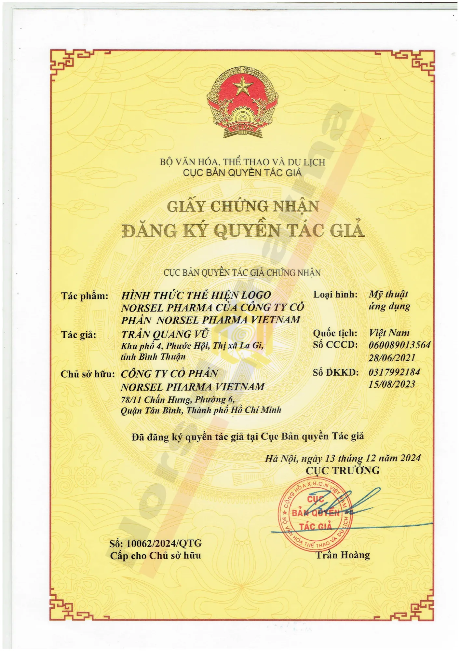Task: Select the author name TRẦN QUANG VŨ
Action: (165, 334)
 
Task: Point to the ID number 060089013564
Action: (399, 345)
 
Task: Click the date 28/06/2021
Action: (392, 358)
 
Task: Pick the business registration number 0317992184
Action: (394, 372)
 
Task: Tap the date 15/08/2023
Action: (392, 384)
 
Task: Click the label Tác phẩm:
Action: (85, 296)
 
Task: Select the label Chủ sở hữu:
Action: (88, 374)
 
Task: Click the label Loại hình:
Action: (335, 295)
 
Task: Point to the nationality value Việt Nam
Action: (389, 333)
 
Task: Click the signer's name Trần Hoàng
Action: (343, 555)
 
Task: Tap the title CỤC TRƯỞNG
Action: (343, 470)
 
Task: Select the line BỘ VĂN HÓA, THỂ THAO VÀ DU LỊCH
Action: (242, 162)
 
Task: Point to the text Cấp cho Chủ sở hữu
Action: (156, 556)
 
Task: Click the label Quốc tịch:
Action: (335, 333)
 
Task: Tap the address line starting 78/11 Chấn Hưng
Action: (178, 399)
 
